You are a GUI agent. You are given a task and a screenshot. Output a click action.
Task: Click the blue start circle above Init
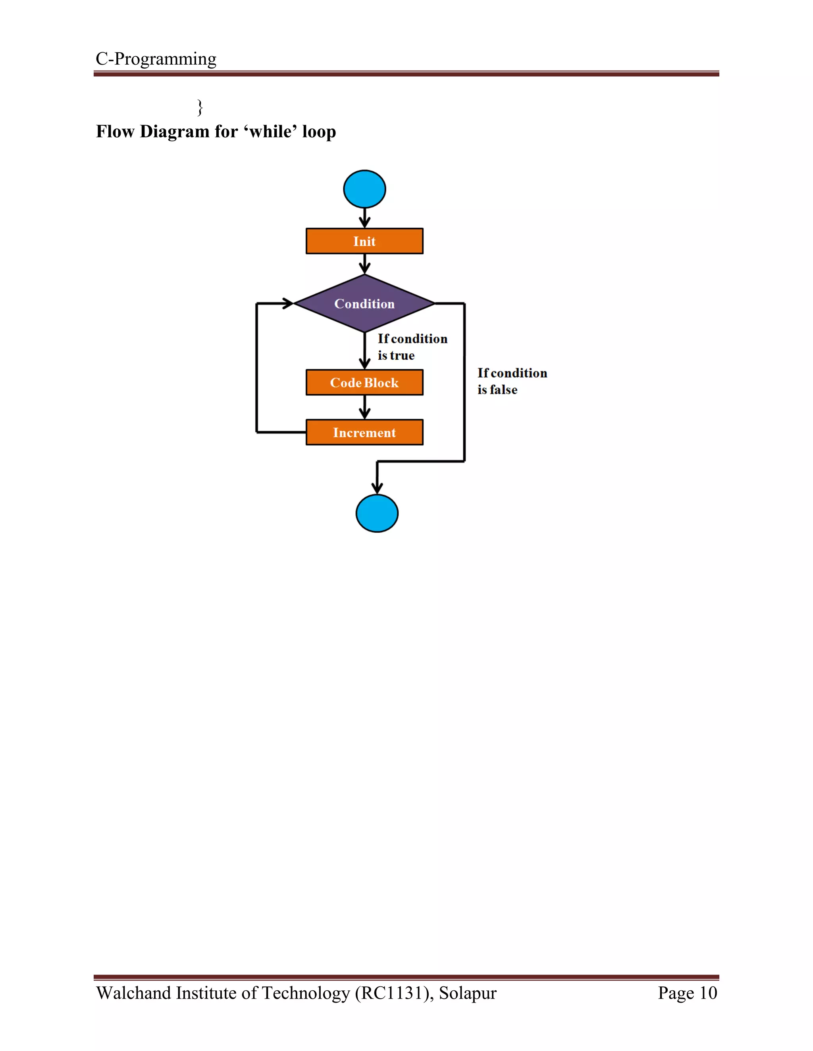pyautogui.click(x=364, y=189)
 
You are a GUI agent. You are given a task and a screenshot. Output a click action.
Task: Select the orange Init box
pyautogui.click(x=364, y=241)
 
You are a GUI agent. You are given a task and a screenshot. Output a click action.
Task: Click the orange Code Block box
pyautogui.click(x=364, y=383)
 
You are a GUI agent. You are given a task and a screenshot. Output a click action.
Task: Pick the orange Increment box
pyautogui.click(x=364, y=432)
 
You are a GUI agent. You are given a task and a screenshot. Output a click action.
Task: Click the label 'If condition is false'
pyautogui.click(x=511, y=381)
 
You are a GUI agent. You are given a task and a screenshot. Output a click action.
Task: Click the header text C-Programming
pyautogui.click(x=156, y=59)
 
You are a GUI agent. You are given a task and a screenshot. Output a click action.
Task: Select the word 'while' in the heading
pyautogui.click(x=271, y=131)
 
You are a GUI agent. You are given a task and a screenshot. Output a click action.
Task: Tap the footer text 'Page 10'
pyautogui.click(x=687, y=993)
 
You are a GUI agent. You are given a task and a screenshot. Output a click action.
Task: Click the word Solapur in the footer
pyautogui.click(x=467, y=993)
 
